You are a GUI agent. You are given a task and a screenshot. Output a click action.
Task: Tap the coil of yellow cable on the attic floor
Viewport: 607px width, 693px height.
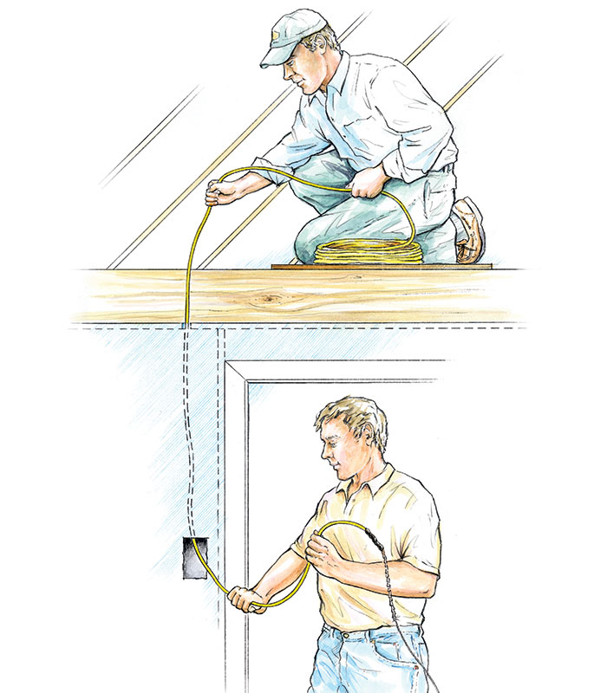pos(369,252)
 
